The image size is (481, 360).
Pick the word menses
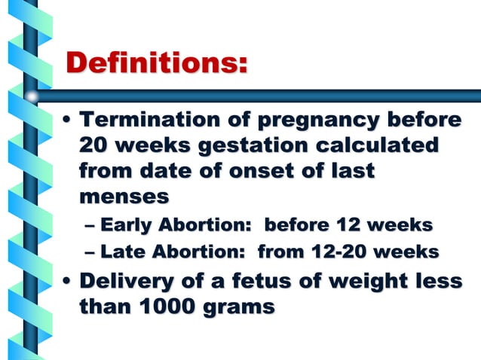[124, 197]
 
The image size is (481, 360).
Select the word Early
[125, 224]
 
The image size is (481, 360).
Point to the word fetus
[271, 282]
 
